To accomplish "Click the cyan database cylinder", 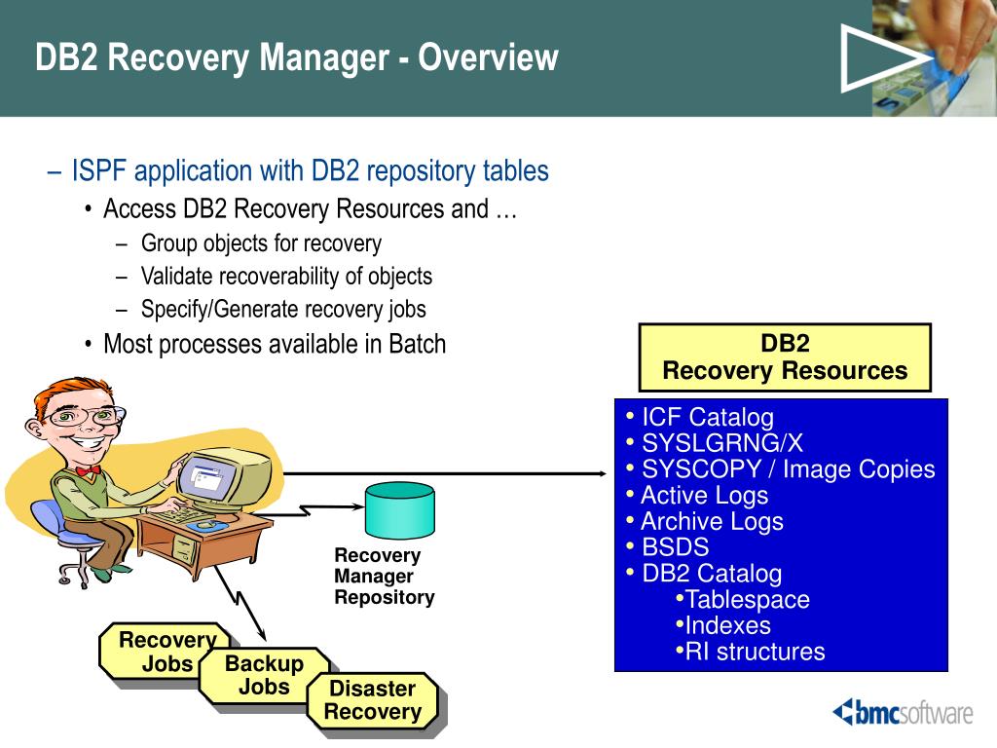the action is [399, 510].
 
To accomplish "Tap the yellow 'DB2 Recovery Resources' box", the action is [785, 357].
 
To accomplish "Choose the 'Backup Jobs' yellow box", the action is [264, 676].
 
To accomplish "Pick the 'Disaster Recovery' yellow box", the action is [373, 700].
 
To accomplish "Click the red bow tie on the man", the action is [89, 470].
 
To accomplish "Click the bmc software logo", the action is [903, 712].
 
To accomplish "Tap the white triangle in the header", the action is [879, 58].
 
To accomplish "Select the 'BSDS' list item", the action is [675, 547].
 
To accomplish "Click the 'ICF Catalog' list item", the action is [708, 417].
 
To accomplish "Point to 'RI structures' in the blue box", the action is [755, 652].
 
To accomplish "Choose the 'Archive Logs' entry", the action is [712, 521].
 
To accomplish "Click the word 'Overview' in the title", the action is [488, 57].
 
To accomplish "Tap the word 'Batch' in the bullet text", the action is [417, 344].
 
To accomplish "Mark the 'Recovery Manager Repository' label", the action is [384, 577].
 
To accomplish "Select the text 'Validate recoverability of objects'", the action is [286, 277].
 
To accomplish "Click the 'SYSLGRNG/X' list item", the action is [722, 443].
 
